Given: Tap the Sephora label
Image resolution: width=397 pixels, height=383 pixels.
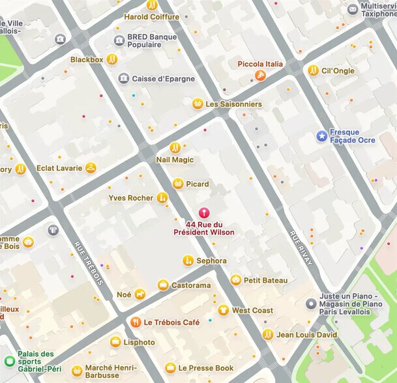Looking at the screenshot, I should coord(211,261).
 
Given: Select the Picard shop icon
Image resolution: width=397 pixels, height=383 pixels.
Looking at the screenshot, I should coord(177,184).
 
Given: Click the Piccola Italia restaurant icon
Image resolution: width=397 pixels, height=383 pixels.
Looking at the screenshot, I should coord(261,76).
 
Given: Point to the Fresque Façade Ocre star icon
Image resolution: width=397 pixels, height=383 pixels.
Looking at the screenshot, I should coord(321,135).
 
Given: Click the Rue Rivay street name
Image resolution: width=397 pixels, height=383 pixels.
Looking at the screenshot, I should coord(301,248).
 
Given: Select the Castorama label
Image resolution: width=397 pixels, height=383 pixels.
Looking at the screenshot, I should coord(191,285).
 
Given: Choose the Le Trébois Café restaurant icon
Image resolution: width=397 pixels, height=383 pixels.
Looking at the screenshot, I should coord(136,322).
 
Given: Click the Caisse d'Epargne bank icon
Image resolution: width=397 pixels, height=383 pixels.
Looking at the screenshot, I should coord(123,79).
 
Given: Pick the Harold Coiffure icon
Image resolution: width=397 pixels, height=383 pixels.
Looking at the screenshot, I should coord(152,5).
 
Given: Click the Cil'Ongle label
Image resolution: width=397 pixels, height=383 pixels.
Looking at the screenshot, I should coord(338,70).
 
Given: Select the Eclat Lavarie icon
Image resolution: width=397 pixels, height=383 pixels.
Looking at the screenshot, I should coord(91,168).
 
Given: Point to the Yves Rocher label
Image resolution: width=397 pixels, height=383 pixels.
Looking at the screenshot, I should coord(130,198).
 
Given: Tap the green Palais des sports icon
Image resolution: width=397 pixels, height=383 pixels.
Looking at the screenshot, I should coord(9,362).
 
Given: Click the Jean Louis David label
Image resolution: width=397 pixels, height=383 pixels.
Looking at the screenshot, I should coord(306,335).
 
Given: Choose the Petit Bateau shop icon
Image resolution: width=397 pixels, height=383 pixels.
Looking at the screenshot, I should coord(235,280).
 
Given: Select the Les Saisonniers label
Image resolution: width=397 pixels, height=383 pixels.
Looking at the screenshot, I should coord(233,104).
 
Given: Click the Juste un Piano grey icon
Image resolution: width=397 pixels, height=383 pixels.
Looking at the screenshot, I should coord(311,304).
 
